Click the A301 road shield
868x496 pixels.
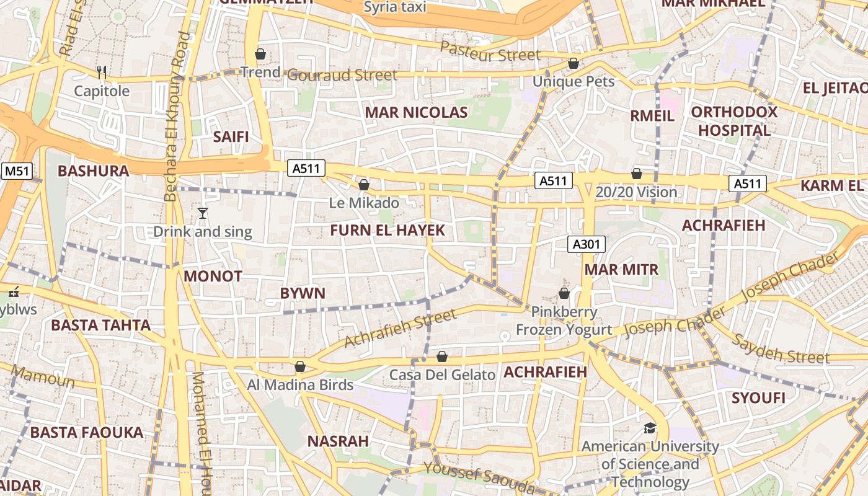(x=586, y=244)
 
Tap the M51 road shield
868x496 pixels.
(x=17, y=171)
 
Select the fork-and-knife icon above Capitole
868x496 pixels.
(x=102, y=73)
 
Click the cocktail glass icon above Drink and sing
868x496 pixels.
(x=202, y=213)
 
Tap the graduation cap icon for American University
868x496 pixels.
(x=650, y=428)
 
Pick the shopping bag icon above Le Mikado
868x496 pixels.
(x=364, y=185)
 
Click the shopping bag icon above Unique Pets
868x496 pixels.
(x=573, y=63)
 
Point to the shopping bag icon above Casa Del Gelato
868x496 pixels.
(x=442, y=356)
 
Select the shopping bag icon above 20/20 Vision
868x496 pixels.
(x=637, y=174)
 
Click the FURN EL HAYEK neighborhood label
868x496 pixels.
(x=387, y=230)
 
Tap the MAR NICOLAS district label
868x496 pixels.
(x=416, y=112)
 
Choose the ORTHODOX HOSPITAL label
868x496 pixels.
(x=734, y=121)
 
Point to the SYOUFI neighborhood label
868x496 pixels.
(x=758, y=397)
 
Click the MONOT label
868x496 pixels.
(x=213, y=276)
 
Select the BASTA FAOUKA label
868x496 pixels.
(x=87, y=432)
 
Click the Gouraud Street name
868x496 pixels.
(x=342, y=75)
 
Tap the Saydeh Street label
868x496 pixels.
(x=781, y=349)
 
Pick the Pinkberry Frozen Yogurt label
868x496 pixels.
(x=564, y=321)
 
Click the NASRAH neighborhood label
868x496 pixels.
(x=338, y=441)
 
